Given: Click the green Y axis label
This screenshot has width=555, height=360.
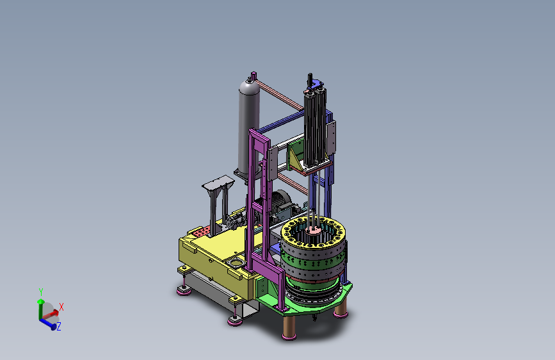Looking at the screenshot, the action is [41, 292].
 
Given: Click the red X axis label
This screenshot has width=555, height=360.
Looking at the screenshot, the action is [61, 307].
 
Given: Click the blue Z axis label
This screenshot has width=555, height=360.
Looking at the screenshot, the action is [59, 326].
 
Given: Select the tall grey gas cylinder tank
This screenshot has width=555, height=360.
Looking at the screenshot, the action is [249, 126].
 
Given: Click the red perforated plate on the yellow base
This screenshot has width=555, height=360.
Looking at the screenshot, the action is [202, 233].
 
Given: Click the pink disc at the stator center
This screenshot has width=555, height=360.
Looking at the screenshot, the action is [313, 230].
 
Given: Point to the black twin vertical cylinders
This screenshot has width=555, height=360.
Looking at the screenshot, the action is [315, 127].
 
